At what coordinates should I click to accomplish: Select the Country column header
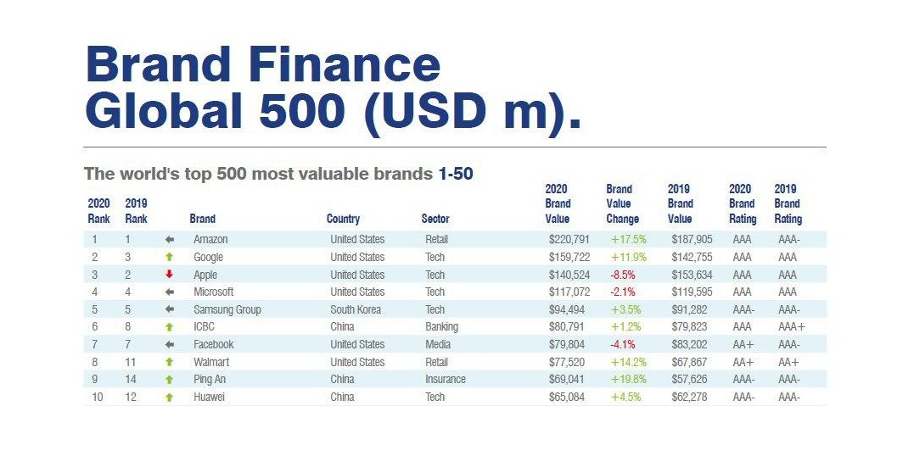point(343,219)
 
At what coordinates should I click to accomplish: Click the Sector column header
point(435,219)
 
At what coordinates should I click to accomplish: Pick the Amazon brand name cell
point(210,240)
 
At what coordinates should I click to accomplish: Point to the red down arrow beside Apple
point(170,275)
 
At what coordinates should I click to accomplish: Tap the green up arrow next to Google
point(170,257)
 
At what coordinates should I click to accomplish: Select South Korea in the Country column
point(356,309)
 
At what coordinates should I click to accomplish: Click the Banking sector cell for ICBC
point(441,327)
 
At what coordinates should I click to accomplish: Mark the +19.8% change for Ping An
point(629,380)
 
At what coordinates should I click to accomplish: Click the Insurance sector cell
point(446,380)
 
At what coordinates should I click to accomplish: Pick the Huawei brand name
point(209,398)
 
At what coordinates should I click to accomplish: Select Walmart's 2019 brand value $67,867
point(692,362)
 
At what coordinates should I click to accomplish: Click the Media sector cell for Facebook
point(437,345)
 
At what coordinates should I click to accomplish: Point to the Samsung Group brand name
point(227,309)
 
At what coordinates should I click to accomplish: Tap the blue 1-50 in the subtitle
point(456,174)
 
